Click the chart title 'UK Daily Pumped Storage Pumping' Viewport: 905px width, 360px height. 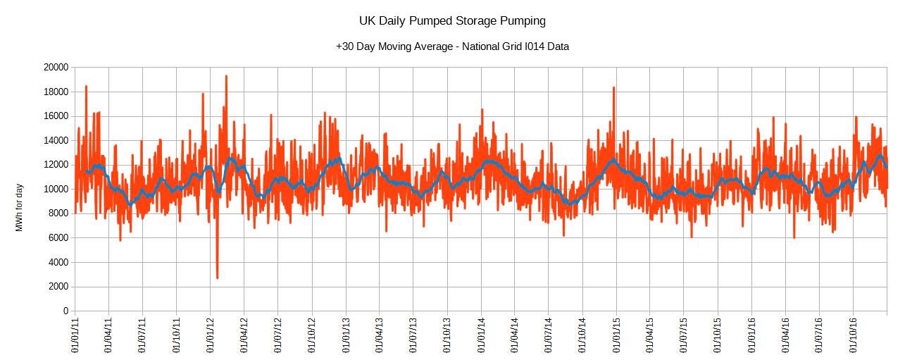(x=452, y=21)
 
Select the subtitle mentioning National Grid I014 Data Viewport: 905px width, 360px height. (x=452, y=46)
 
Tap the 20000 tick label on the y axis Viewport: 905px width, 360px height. (x=55, y=68)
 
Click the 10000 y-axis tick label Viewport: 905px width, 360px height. (x=55, y=190)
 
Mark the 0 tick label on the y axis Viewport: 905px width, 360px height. (x=65, y=311)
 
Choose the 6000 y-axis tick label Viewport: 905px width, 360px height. (x=57, y=238)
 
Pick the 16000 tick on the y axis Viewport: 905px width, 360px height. (x=55, y=116)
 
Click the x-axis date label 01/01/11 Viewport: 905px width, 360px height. (x=75, y=335)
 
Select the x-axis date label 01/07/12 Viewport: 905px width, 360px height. (x=277, y=335)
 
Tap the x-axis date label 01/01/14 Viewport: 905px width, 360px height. (x=482, y=335)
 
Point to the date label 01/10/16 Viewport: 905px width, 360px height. (x=854, y=335)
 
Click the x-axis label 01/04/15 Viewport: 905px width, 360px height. (x=650, y=335)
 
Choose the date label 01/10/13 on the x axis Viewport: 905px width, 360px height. (x=448, y=335)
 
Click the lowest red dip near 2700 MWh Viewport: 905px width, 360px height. (x=217, y=278)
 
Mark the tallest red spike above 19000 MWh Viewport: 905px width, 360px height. (x=226, y=76)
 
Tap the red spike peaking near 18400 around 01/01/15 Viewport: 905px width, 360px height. (x=614, y=88)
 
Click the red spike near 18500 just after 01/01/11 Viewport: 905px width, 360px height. (x=86, y=87)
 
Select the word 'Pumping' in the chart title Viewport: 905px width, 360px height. (x=523, y=21)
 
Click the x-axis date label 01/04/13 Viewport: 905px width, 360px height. (x=379, y=335)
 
